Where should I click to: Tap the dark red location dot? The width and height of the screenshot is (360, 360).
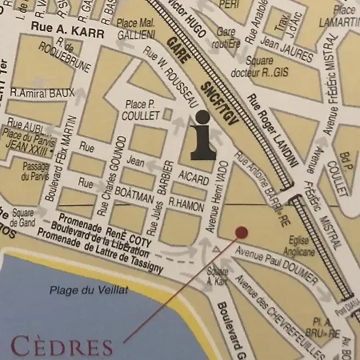(242, 232)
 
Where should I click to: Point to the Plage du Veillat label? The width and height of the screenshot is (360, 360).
(88, 290)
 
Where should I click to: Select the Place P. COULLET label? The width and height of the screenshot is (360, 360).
(141, 110)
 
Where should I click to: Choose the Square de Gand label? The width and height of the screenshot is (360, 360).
(22, 218)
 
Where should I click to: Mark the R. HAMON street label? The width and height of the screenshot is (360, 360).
(186, 206)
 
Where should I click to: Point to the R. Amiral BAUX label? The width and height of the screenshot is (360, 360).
(38, 94)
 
